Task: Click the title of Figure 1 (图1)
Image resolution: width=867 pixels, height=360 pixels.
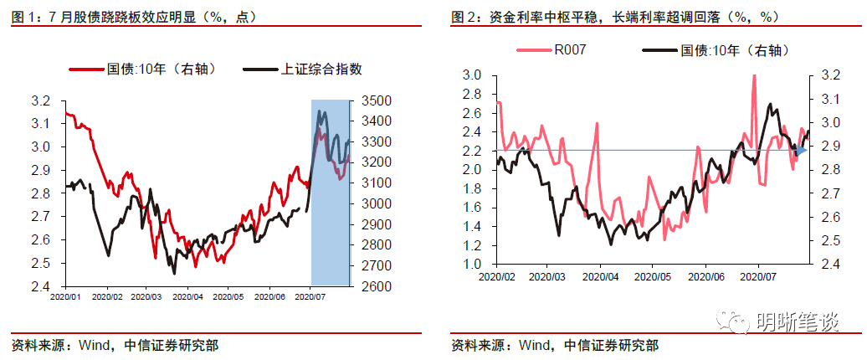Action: tap(134, 17)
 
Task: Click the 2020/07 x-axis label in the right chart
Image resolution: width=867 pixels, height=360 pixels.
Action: tap(757, 274)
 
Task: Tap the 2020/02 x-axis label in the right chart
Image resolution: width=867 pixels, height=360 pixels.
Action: tap(497, 274)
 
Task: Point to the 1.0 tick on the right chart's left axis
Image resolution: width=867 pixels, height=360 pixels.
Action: tap(471, 264)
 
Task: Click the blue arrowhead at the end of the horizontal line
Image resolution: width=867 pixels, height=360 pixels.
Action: tap(801, 150)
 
